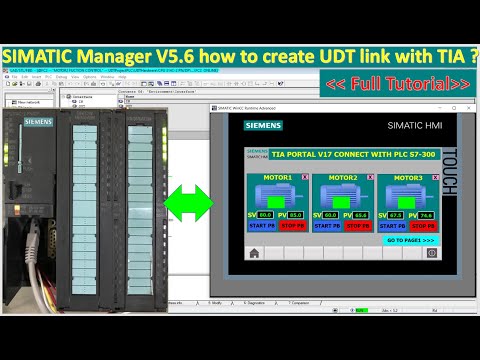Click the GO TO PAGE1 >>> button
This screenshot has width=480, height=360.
tap(410, 240)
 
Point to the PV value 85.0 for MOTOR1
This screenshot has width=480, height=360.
tap(295, 215)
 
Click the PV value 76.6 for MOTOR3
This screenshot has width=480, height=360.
tap(427, 215)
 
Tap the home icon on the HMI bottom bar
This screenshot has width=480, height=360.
tap(254, 254)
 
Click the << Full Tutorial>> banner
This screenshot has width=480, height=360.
tap(397, 83)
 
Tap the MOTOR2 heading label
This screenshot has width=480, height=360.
tap(333, 177)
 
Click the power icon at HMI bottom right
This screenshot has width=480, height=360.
tap(431, 254)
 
